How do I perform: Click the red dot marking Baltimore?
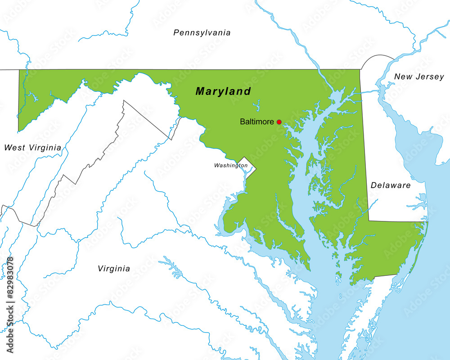click(279, 122)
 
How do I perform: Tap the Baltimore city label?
click(256, 121)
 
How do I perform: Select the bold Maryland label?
click(223, 91)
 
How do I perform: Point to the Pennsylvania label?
click(202, 32)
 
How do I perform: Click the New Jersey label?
click(419, 77)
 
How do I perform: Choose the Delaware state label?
click(391, 185)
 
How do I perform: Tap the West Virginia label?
click(32, 147)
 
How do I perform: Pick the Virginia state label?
click(114, 269)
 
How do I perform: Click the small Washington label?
click(230, 166)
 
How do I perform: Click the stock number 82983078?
click(10, 279)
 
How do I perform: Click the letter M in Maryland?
click(201, 91)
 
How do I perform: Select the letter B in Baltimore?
click(243, 121)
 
